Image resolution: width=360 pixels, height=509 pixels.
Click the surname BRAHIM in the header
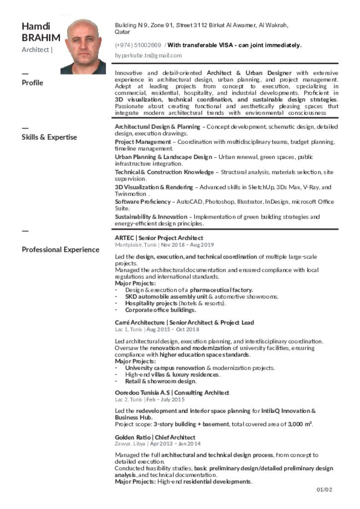click(41, 38)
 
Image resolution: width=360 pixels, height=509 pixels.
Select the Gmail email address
click(148, 56)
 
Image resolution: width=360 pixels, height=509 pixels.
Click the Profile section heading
click(32, 83)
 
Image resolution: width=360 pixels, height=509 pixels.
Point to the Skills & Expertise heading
click(49, 137)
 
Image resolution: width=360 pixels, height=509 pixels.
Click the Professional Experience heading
click(60, 250)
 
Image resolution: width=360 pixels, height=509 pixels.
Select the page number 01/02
click(324, 490)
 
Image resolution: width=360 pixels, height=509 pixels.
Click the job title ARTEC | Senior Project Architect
click(159, 238)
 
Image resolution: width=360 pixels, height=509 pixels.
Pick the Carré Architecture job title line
click(184, 323)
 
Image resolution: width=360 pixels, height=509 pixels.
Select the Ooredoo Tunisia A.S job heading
click(172, 393)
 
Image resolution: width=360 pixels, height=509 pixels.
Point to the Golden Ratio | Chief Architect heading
click(155, 437)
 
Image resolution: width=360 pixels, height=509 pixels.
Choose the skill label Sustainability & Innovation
click(151, 217)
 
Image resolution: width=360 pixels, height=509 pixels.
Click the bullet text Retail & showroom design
click(161, 381)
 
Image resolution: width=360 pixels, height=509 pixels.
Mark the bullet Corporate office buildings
click(161, 310)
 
